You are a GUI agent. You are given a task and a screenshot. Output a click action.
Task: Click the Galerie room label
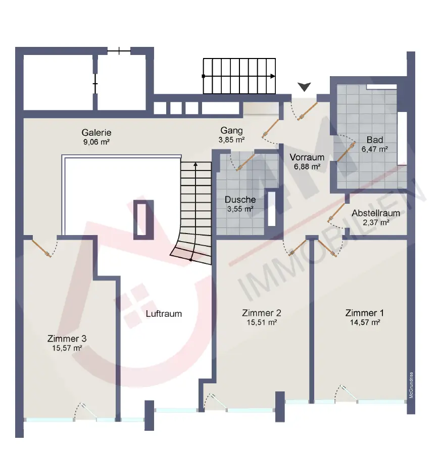96,133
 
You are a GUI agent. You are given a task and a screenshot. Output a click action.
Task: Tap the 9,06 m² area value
96,142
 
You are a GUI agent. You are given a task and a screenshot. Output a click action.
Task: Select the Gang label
231,131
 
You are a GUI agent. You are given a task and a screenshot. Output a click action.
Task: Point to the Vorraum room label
307,157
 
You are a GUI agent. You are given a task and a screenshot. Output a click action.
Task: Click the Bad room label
375,140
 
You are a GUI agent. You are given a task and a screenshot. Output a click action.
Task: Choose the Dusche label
240,200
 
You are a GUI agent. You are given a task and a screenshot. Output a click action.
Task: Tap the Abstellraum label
376,213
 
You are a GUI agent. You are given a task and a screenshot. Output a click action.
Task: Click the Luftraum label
164,314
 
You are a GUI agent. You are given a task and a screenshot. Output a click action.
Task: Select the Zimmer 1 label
365,313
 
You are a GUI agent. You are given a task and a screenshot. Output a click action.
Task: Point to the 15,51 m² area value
262,322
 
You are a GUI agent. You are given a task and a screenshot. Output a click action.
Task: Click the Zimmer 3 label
67,338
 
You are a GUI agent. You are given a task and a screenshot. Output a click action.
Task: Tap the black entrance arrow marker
304,87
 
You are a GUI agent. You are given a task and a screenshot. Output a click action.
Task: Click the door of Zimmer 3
41,248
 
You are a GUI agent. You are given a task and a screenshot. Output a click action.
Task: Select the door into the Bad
346,151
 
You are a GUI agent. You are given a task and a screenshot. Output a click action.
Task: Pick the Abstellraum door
336,213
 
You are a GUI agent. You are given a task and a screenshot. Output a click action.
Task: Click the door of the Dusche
245,162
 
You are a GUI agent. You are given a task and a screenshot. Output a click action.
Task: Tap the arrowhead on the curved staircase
195,164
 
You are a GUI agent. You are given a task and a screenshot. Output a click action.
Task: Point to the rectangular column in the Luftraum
143,220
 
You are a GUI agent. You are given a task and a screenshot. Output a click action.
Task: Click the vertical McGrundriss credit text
411,385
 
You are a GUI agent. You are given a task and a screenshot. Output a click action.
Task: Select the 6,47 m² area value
375,149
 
